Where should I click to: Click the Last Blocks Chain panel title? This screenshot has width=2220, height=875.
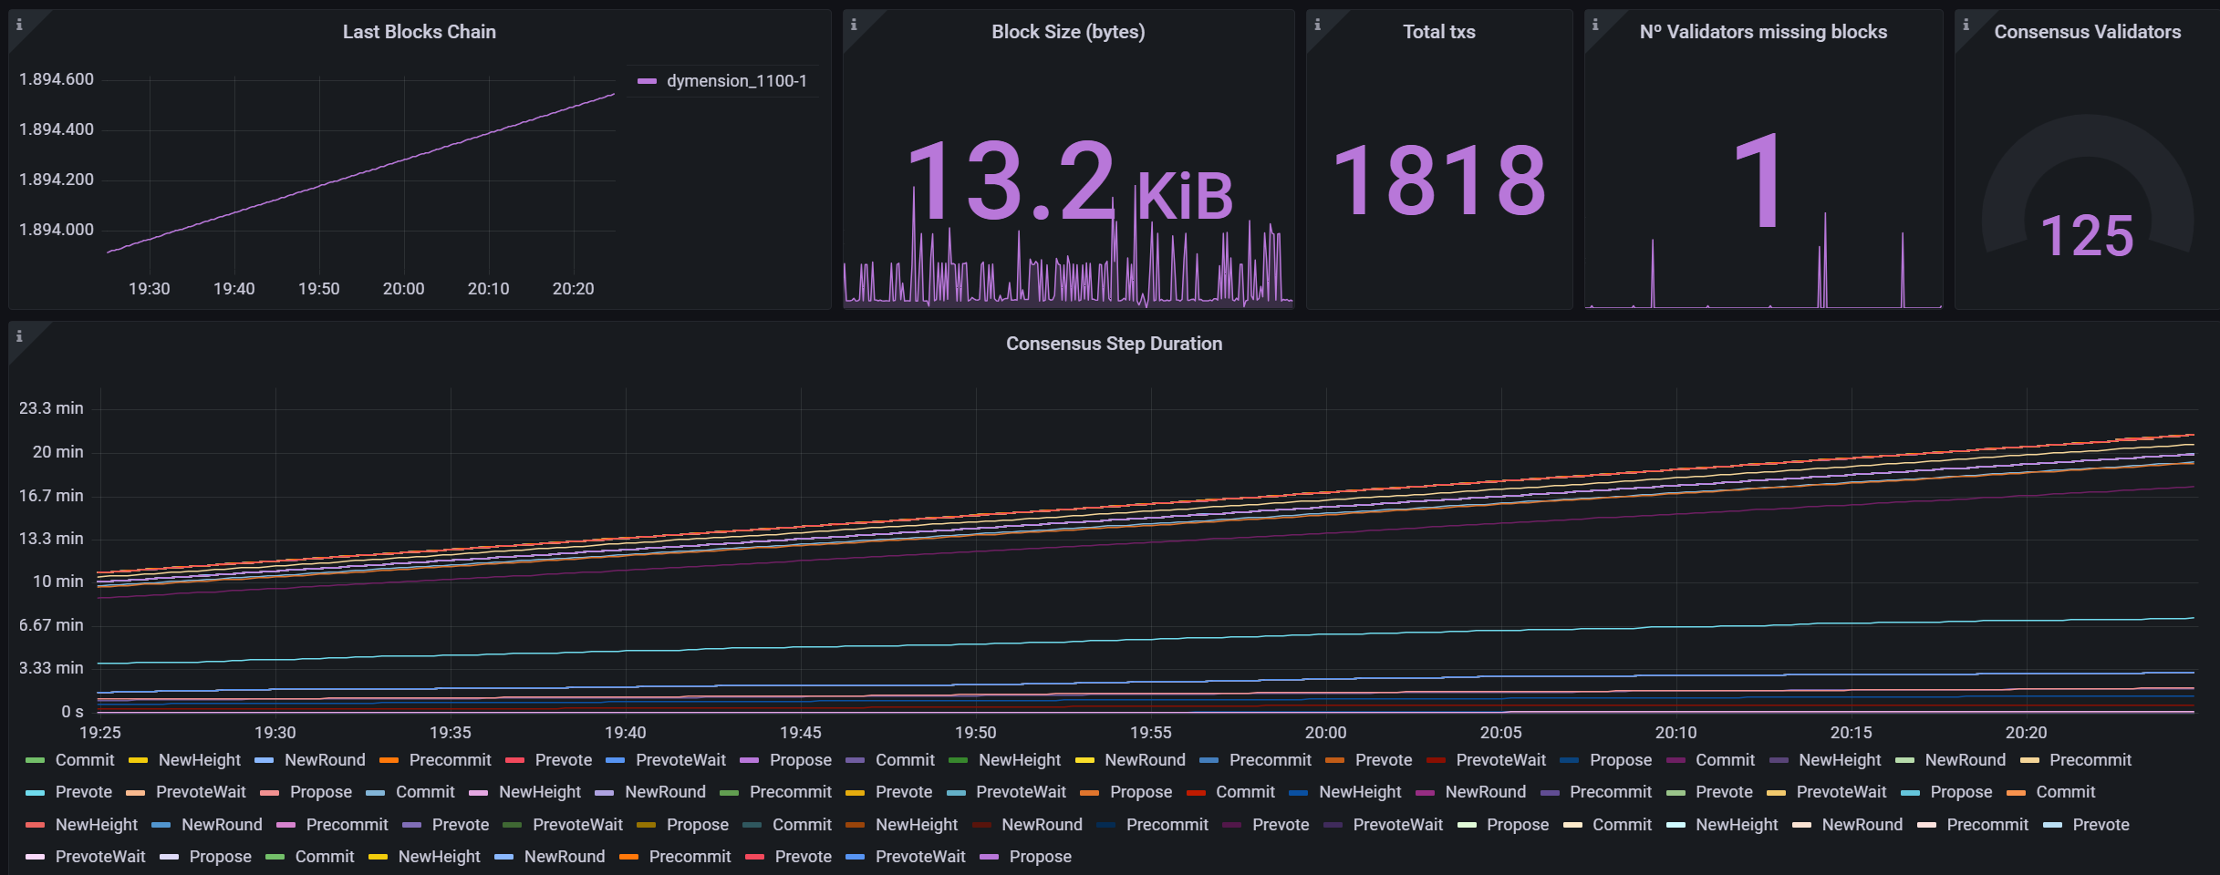(x=420, y=32)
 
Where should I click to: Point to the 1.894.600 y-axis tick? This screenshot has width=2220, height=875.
(x=57, y=79)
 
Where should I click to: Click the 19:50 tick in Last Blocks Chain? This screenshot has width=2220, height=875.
(x=319, y=289)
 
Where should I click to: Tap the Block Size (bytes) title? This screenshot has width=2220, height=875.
(x=1068, y=32)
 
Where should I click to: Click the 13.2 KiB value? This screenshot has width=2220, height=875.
(x=1069, y=181)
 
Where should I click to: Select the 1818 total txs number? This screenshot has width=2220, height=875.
(x=1439, y=180)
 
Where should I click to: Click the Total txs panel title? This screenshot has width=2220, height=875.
(x=1439, y=32)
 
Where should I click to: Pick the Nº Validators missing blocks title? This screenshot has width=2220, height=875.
(x=1763, y=32)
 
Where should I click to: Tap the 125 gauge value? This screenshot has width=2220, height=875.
(x=2087, y=236)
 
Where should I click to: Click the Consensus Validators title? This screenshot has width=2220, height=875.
(x=2087, y=32)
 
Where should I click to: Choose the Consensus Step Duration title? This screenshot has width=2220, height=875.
(x=1114, y=344)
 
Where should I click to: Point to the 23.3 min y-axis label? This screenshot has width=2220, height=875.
(x=51, y=408)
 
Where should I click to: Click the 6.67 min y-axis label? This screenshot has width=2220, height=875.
(x=51, y=625)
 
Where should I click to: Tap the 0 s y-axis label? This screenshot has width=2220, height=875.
(x=72, y=712)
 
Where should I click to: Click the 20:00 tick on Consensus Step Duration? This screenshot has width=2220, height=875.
(x=1325, y=733)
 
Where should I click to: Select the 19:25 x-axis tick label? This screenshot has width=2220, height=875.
(x=100, y=733)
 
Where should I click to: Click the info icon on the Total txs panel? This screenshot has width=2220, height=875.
(x=1317, y=25)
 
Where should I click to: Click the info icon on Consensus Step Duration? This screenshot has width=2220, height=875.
(x=19, y=336)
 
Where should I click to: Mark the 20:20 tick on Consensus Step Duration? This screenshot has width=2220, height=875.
(x=2026, y=733)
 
